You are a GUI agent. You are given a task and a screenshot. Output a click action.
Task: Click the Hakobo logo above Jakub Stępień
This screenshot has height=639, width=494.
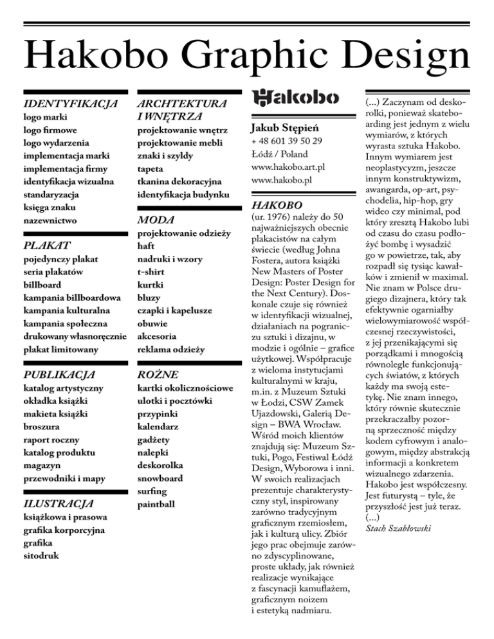pos(293,98)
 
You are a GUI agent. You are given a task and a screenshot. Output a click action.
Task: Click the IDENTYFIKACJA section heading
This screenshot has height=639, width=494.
pos(69,103)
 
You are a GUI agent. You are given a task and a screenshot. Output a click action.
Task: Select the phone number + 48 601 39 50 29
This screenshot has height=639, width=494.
pos(287,140)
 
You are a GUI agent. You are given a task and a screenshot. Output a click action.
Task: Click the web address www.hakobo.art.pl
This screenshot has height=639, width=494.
pos(288,167)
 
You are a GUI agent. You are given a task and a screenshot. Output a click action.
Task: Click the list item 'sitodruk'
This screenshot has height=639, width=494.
pos(41,553)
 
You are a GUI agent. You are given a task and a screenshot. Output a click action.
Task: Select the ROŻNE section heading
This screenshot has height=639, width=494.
pos(158,374)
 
